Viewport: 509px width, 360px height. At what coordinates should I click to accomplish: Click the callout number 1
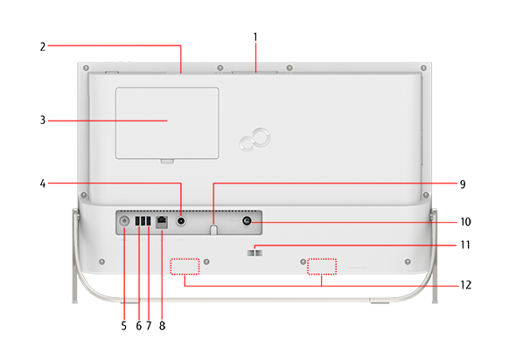[255, 37]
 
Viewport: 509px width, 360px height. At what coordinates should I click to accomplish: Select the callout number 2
[43, 46]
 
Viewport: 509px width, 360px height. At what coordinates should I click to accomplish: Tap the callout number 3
[43, 121]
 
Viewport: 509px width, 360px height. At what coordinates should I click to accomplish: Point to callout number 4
[43, 183]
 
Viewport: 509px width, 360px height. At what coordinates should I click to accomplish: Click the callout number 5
[123, 326]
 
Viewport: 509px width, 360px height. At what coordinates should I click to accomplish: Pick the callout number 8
[163, 326]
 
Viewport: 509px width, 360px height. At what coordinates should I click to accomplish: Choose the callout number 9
[463, 184]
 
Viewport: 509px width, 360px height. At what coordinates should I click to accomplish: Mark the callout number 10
[465, 222]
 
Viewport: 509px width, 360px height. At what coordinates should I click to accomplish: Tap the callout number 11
[465, 245]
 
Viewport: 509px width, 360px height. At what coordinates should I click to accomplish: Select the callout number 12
[466, 285]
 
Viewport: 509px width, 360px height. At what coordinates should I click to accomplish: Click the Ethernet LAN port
[162, 222]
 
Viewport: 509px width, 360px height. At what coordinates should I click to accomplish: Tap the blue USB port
[149, 221]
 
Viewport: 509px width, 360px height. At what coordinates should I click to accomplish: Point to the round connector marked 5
[124, 221]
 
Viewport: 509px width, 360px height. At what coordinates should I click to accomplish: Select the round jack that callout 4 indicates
[181, 221]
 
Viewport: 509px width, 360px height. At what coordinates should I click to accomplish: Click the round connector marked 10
[247, 221]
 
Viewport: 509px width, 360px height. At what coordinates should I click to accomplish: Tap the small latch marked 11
[254, 253]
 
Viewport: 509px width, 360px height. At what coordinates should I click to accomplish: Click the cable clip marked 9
[213, 229]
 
